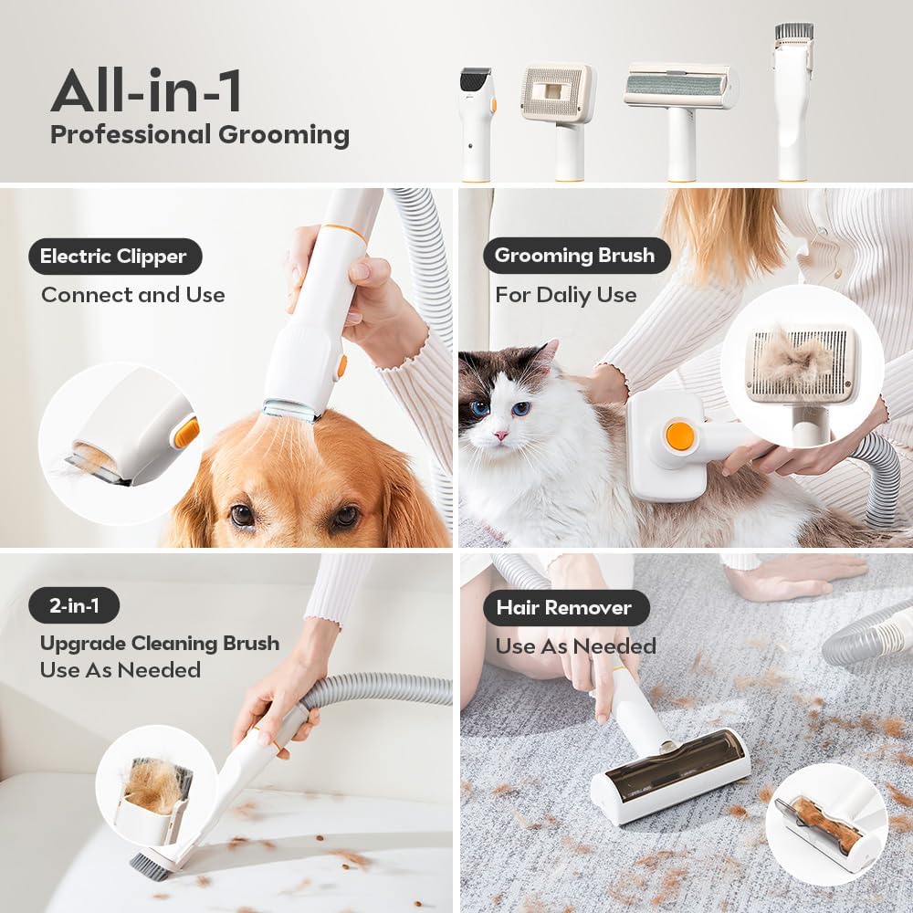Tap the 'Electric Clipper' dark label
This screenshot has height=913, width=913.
115,257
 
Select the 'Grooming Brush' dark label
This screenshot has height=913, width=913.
574,256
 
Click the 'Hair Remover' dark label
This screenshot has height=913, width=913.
563,608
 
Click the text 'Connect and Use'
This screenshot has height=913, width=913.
132,295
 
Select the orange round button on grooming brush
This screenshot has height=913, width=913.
680,436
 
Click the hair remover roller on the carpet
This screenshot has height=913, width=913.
671,771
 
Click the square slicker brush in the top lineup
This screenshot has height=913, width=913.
558,94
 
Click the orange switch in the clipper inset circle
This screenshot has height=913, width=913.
186,432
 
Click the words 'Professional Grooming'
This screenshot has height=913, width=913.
199,135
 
